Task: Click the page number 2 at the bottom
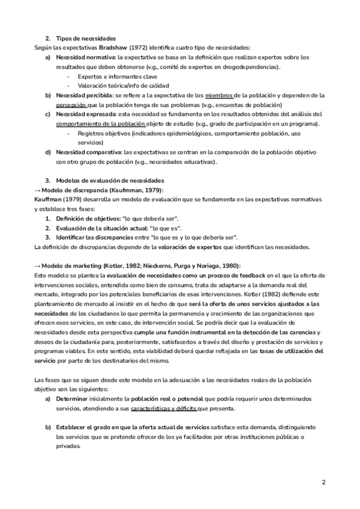[323, 482]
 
